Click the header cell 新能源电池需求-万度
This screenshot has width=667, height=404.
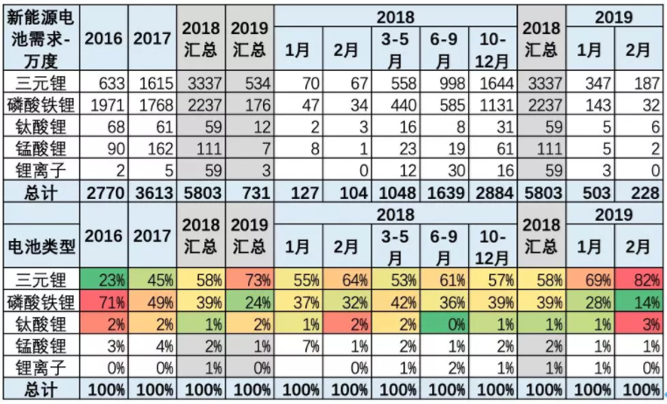click(41, 40)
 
